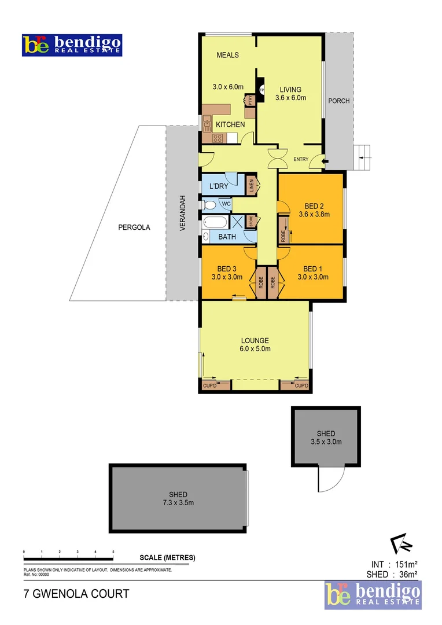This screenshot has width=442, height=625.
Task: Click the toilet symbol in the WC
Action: [209, 204]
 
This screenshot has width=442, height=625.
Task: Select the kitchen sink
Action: [207, 122]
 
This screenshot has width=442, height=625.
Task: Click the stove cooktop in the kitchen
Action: [218, 138]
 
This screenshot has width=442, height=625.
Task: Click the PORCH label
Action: [338, 101]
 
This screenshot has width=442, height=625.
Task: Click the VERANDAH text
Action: [182, 213]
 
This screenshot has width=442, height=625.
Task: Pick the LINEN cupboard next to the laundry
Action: [251, 186]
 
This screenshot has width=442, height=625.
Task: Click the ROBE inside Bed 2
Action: [283, 231]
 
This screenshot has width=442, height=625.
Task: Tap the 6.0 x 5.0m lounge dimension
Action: [256, 348]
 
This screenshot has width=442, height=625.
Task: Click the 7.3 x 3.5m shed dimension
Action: [178, 502]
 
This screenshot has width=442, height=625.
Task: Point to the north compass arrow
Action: [400, 544]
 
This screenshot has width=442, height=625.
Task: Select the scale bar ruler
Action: [68, 557]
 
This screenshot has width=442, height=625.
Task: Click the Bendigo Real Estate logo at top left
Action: [72, 45]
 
